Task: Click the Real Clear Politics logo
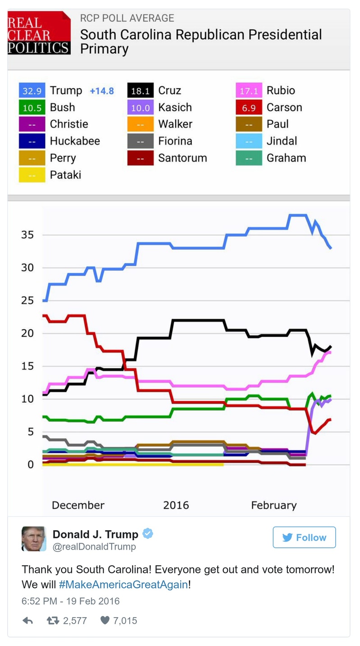(39, 33)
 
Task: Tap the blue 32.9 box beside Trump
(32, 91)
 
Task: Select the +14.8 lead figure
(102, 91)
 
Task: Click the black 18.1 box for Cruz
(141, 91)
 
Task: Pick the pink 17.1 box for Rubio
(249, 91)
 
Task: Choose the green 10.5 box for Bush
(32, 108)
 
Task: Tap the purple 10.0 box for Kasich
(141, 108)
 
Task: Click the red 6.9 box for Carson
(249, 108)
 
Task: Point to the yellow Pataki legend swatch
(32, 175)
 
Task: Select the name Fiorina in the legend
(175, 141)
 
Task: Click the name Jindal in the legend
(282, 141)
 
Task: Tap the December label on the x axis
(78, 505)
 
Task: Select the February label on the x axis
(274, 505)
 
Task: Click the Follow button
(304, 537)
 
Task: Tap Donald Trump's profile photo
(34, 539)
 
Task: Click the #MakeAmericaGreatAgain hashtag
(123, 585)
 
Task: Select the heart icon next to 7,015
(105, 620)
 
